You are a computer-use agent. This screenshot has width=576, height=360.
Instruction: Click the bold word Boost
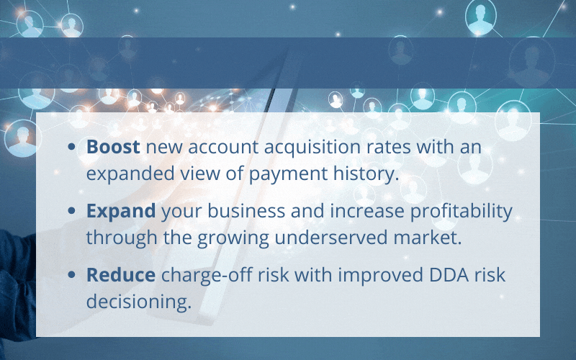[113, 147]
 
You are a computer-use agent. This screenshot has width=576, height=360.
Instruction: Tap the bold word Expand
[121, 212]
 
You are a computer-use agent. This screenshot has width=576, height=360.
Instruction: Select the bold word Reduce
[121, 275]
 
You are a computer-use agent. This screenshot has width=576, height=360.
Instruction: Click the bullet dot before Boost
[71, 147]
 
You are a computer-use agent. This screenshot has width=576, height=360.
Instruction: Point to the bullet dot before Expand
[71, 210]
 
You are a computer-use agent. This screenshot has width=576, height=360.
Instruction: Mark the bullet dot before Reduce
[71, 274]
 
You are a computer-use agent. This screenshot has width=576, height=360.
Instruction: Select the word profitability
[461, 212]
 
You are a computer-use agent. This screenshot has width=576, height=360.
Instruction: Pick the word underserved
[330, 238]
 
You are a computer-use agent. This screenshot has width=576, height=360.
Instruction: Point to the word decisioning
[139, 302]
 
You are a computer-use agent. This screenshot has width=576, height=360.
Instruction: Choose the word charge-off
[207, 276]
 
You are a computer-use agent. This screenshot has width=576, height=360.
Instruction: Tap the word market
[428, 238]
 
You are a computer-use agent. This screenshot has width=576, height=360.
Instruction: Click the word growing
[233, 239]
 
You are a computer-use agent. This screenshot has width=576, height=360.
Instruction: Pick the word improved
[381, 276]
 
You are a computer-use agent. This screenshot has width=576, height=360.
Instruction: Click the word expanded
[130, 174]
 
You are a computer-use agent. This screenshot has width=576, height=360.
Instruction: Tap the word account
[223, 148]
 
